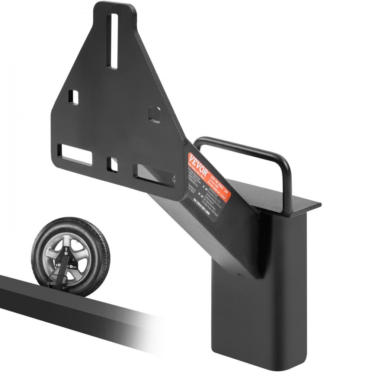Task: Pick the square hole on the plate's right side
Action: pos(154,115)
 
